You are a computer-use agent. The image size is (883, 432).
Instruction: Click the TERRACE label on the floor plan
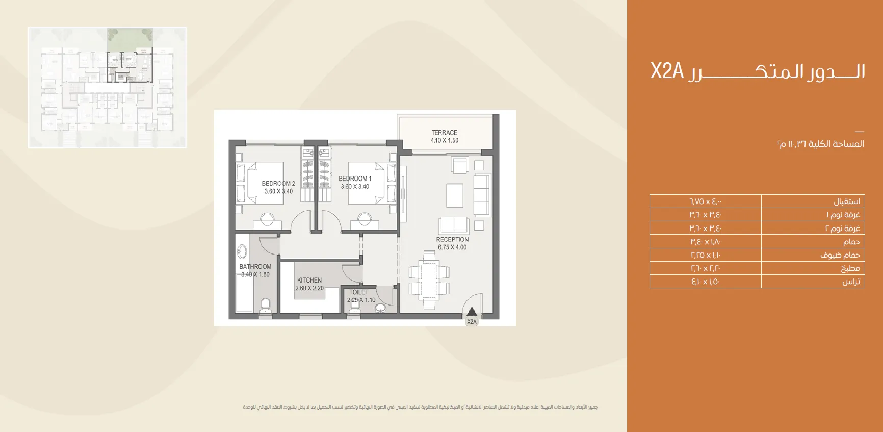click(x=444, y=133)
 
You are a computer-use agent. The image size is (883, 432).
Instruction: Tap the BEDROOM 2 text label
click(x=278, y=184)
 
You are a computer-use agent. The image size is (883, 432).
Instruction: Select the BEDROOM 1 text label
click(x=355, y=179)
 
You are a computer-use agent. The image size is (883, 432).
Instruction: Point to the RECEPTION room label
click(x=452, y=239)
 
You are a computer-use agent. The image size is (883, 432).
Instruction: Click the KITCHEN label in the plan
click(x=309, y=280)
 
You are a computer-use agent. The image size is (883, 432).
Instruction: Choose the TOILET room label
click(x=359, y=292)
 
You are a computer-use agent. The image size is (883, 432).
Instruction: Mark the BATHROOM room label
click(x=255, y=266)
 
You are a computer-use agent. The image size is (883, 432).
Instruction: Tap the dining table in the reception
click(x=429, y=283)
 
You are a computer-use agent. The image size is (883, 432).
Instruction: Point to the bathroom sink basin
click(x=242, y=252)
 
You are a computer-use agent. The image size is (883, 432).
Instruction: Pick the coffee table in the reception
click(x=455, y=195)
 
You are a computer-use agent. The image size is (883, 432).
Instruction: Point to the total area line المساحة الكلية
click(x=821, y=144)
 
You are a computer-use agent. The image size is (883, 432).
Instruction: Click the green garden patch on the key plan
click(x=130, y=38)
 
